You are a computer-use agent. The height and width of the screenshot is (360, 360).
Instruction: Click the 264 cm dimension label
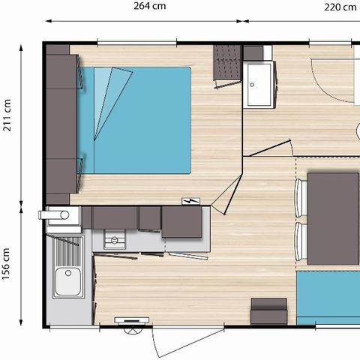[x=149, y=6]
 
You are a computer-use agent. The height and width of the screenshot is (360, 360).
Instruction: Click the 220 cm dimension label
[x=340, y=7]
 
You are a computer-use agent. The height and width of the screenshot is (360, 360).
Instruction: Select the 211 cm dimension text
[x=7, y=115]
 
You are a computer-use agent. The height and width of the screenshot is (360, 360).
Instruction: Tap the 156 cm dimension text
[x=6, y=264]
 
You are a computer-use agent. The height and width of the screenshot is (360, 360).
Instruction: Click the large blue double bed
[x=135, y=120]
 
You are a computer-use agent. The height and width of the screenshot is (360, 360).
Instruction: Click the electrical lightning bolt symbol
[x=190, y=201]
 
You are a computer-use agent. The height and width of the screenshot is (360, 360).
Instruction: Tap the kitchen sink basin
[x=68, y=281]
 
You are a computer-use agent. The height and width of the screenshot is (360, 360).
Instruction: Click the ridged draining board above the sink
[x=69, y=251]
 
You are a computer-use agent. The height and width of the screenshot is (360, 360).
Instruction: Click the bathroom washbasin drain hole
[x=252, y=85]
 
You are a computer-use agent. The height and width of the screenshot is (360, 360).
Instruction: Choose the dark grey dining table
[x=333, y=218]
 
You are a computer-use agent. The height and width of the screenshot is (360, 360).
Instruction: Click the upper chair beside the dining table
[x=301, y=198]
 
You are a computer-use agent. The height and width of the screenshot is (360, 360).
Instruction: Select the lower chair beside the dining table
[x=301, y=241]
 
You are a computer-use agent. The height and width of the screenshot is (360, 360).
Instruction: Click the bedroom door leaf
[x=233, y=194]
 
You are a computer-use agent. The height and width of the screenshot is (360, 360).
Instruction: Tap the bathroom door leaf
[x=269, y=148]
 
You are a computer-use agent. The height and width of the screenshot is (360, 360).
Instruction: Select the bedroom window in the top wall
[x=137, y=43]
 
